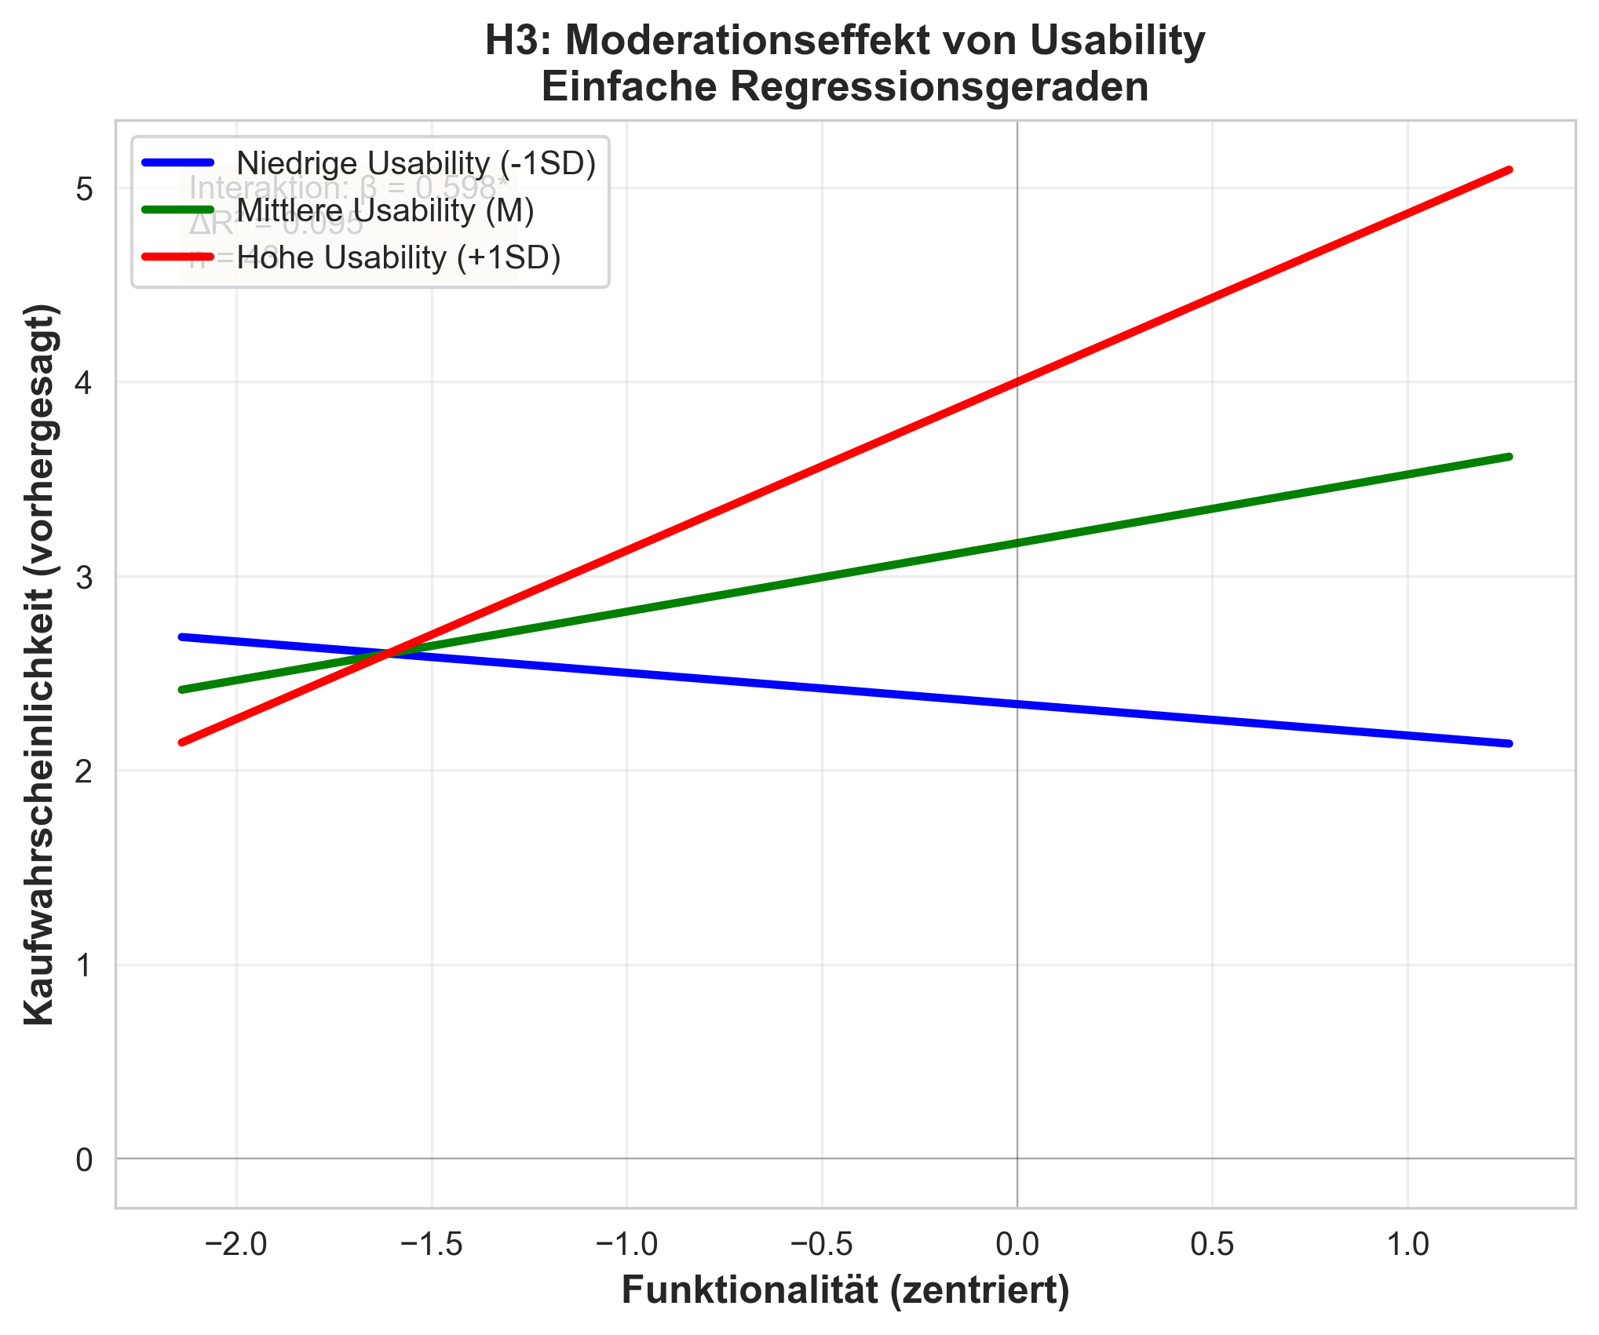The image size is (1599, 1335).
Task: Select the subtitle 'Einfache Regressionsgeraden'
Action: pyautogui.click(x=845, y=86)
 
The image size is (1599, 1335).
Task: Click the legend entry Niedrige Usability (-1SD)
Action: pyautogui.click(x=416, y=163)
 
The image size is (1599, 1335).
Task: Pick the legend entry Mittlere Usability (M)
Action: pyautogui.click(x=385, y=210)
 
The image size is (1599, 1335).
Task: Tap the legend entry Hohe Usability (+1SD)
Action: pyautogui.click(x=399, y=257)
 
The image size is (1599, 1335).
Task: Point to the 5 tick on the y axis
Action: pyautogui.click(x=85, y=189)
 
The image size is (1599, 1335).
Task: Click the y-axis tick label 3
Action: pyautogui.click(x=85, y=577)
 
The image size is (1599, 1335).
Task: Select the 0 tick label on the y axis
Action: pyautogui.click(x=85, y=1159)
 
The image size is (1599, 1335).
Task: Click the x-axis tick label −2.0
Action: pyautogui.click(x=235, y=1245)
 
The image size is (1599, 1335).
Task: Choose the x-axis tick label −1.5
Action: pyautogui.click(x=431, y=1245)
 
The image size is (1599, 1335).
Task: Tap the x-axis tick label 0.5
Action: pyautogui.click(x=1212, y=1245)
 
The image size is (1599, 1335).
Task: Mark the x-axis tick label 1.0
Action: pyautogui.click(x=1407, y=1245)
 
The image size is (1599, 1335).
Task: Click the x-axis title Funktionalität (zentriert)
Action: pyautogui.click(x=845, y=1291)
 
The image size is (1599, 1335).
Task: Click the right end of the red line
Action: pyautogui.click(x=1509, y=170)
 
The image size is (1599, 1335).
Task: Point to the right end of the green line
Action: pyautogui.click(x=1509, y=457)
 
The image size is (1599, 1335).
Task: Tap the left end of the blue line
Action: pyautogui.click(x=182, y=636)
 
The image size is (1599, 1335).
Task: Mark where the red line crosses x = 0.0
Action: pyautogui.click(x=1017, y=382)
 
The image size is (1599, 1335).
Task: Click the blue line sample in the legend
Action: pyautogui.click(x=177, y=163)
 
